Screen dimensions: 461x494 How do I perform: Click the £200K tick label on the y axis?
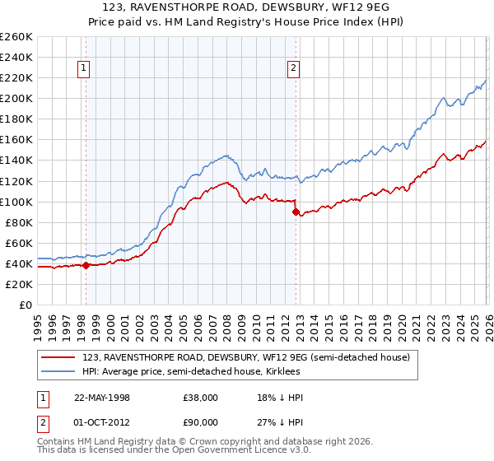tap(16, 98)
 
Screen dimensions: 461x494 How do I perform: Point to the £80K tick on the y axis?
tap(19, 222)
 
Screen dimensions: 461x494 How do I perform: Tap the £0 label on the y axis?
tap(26, 305)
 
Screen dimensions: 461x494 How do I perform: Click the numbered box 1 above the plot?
tap(85, 69)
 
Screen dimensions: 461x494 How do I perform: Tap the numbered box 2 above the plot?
tap(294, 69)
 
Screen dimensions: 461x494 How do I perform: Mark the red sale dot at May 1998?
tap(86, 265)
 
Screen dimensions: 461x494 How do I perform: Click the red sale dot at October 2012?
tap(295, 212)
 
